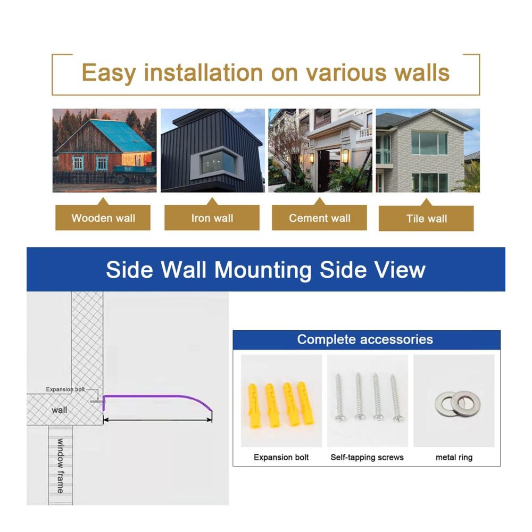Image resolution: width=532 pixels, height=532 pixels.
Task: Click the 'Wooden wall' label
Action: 103,218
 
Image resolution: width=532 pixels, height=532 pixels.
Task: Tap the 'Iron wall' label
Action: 212,218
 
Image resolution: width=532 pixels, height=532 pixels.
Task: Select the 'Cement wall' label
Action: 320,218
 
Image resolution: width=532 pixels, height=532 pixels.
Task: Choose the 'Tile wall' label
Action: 427,219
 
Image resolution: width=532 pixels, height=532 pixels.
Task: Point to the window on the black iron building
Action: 218,162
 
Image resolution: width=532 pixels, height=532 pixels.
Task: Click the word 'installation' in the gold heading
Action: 204,72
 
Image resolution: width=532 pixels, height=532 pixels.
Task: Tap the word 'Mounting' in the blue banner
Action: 263,270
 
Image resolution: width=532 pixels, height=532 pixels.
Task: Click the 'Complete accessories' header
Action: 365,339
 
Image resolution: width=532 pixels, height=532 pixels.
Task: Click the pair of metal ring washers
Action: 458,403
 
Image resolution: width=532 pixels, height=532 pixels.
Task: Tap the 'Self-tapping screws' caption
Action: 367,458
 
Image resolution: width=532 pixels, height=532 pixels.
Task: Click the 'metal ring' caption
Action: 454,458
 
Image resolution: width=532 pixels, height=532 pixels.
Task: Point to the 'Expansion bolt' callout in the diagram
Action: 65,389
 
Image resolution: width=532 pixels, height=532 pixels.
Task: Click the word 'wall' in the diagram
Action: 60,410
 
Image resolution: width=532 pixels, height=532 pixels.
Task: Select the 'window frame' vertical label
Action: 61,466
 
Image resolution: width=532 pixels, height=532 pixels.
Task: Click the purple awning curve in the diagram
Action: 156,396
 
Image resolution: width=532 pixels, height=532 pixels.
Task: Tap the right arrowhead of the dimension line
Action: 210,420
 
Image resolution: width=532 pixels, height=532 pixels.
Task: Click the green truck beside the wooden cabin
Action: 135,174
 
